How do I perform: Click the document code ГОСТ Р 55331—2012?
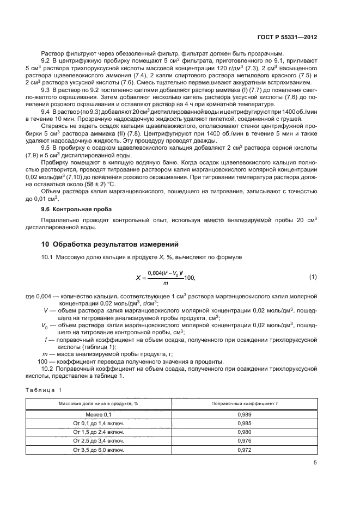pyautogui.click(x=289, y=38)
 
